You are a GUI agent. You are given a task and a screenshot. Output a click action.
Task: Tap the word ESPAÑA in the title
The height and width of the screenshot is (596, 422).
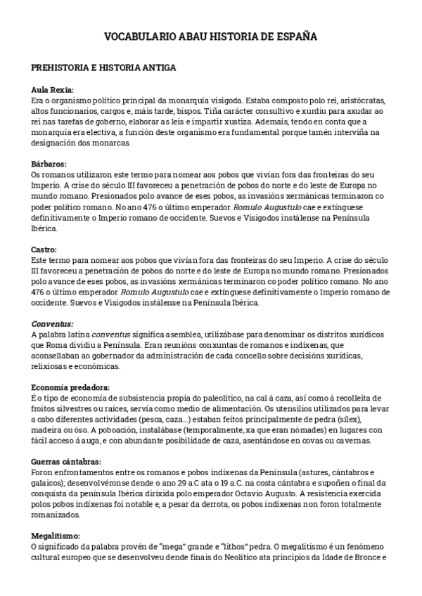pyautogui.click(x=295, y=36)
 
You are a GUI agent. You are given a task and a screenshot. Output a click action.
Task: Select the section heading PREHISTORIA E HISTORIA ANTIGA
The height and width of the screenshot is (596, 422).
pyautogui.click(x=104, y=68)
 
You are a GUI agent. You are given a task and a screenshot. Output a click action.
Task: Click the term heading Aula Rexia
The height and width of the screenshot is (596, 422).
pyautogui.click(x=53, y=90)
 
